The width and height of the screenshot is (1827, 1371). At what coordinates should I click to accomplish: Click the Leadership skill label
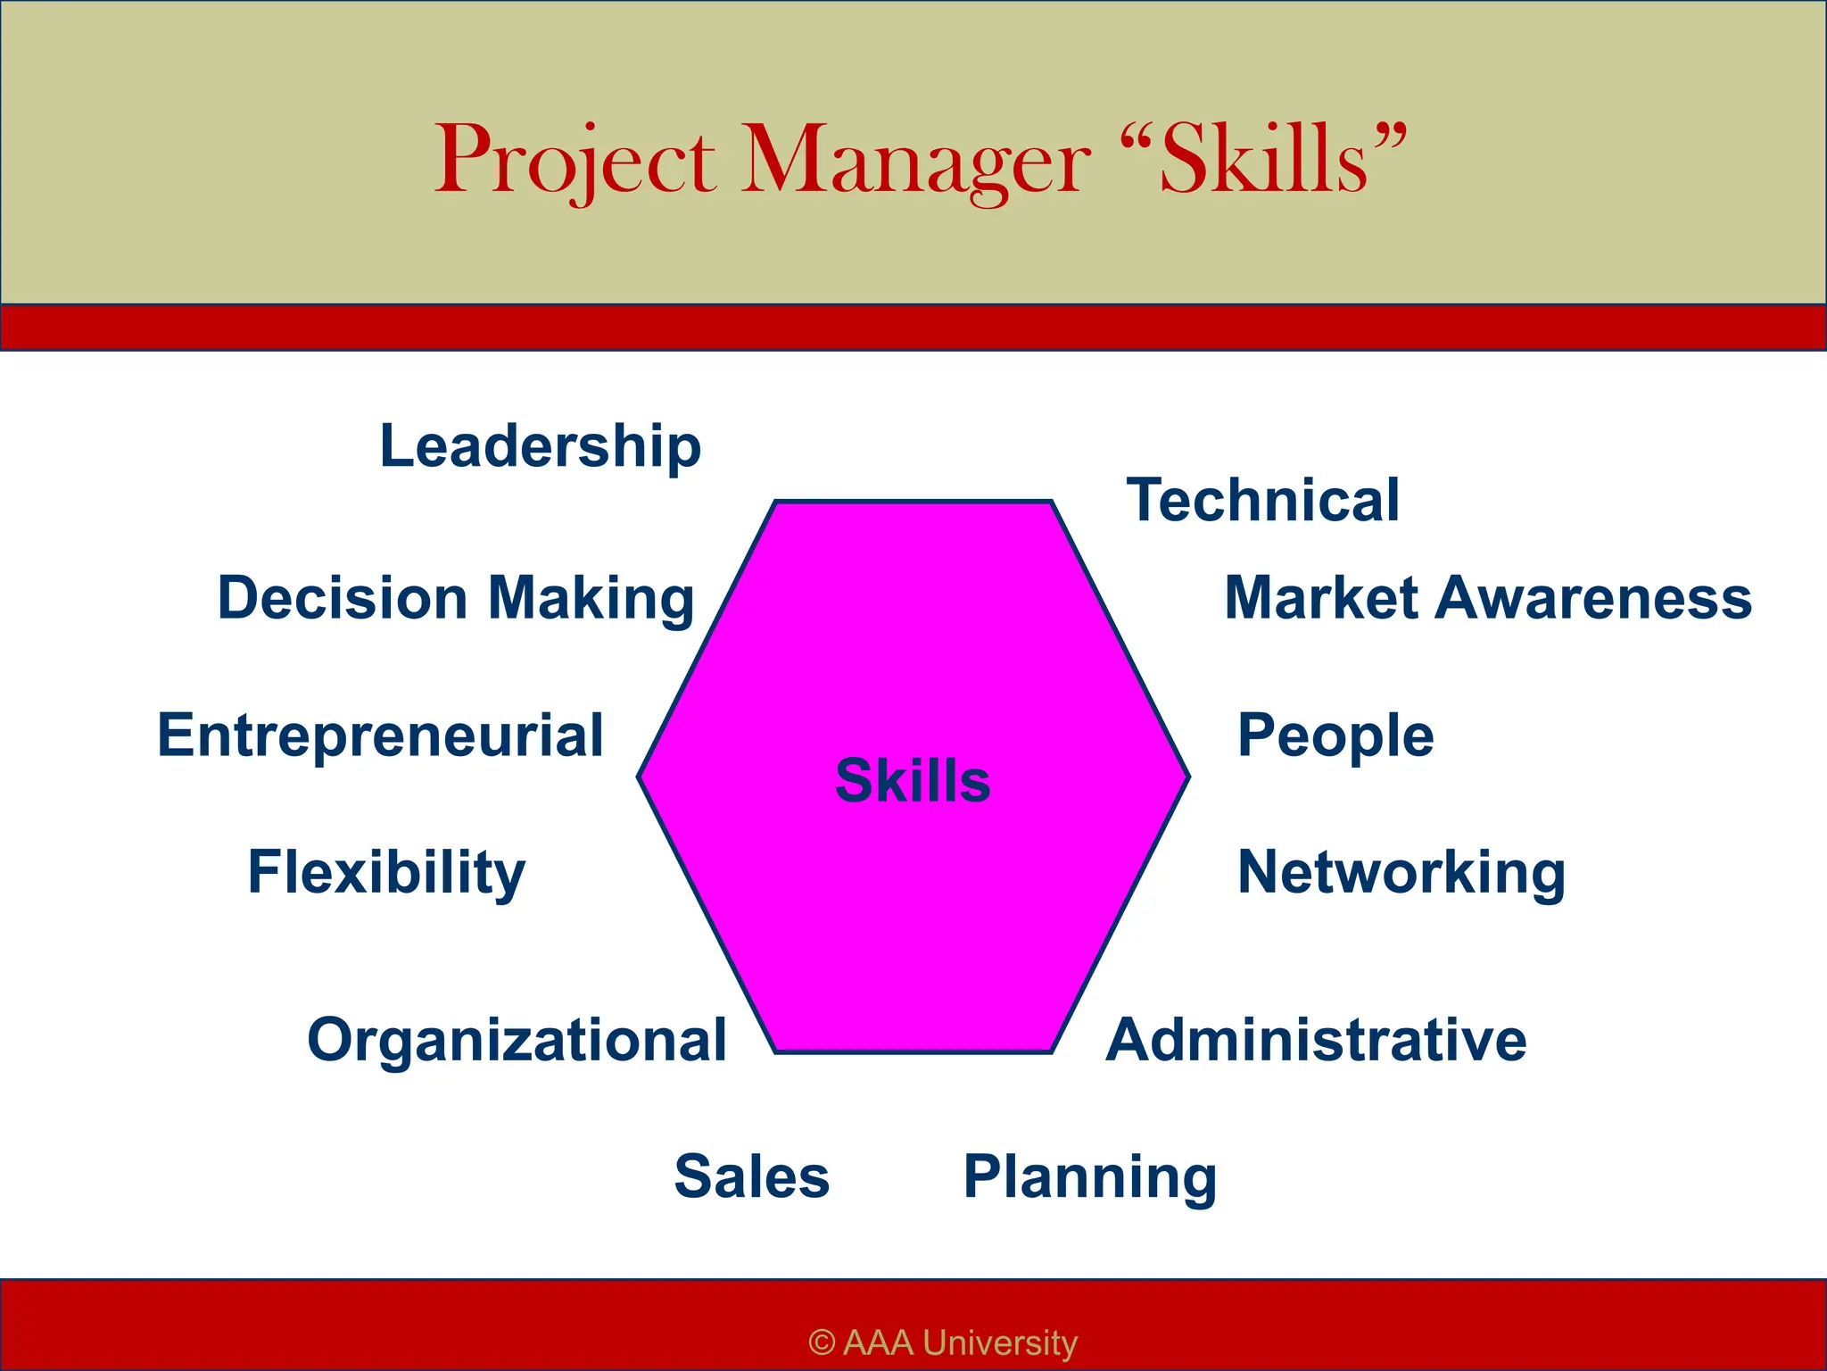pyautogui.click(x=541, y=446)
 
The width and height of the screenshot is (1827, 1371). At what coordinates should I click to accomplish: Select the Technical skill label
pyautogui.click(x=1263, y=500)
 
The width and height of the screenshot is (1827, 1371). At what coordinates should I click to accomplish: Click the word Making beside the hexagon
pyautogui.click(x=591, y=600)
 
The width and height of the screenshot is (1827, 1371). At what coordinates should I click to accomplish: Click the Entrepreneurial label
pyautogui.click(x=381, y=735)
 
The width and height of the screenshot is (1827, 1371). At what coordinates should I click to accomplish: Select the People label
pyautogui.click(x=1335, y=737)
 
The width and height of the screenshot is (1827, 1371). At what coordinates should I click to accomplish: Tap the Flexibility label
pyautogui.click(x=386, y=873)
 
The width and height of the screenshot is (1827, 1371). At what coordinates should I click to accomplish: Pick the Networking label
pyautogui.click(x=1401, y=873)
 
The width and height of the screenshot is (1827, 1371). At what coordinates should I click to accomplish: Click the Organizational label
pyautogui.click(x=517, y=1041)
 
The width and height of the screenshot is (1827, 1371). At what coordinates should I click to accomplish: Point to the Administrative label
pyautogui.click(x=1316, y=1041)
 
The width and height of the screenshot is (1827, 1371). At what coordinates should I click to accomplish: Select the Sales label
pyautogui.click(x=752, y=1176)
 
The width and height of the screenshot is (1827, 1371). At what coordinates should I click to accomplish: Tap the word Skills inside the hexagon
pyautogui.click(x=913, y=780)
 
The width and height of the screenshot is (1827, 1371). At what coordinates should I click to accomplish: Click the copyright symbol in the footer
pyautogui.click(x=822, y=1342)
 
